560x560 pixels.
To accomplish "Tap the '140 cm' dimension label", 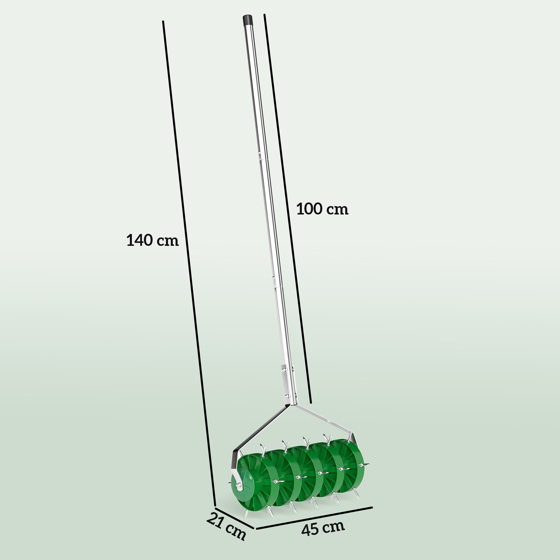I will tap(153, 240).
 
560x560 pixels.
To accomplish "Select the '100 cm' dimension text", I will tap(322, 209).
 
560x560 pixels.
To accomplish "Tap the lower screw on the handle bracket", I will tap(287, 396).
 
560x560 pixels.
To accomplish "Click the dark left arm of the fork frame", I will tap(261, 427).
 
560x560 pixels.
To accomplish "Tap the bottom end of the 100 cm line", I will tap(311, 402).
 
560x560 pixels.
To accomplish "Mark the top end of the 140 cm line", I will tap(163, 22).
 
